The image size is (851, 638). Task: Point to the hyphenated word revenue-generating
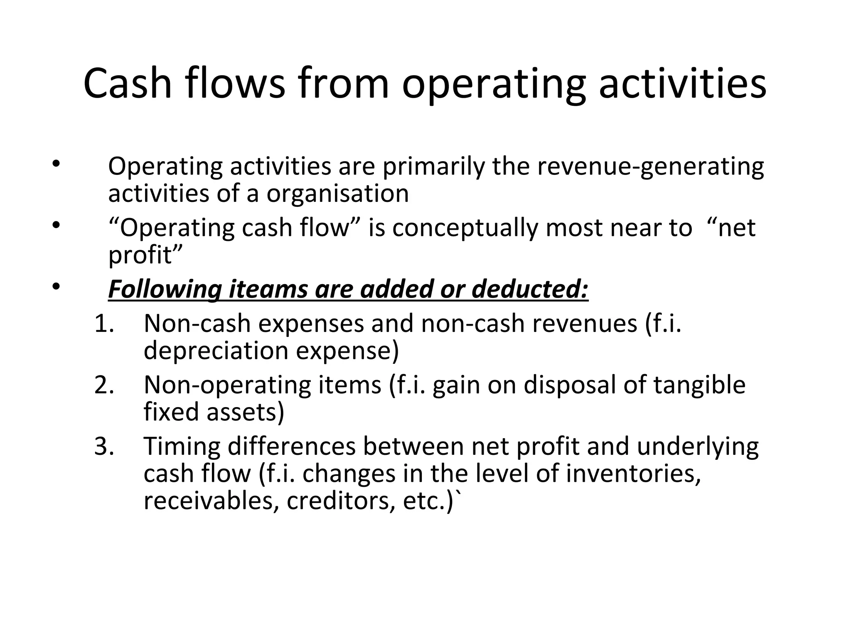[650, 167]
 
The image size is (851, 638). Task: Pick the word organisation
[337, 194]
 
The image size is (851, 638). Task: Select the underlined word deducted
[530, 289]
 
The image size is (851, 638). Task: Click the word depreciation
[216, 350]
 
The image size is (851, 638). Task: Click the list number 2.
[104, 385]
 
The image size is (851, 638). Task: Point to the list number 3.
[104, 447]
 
